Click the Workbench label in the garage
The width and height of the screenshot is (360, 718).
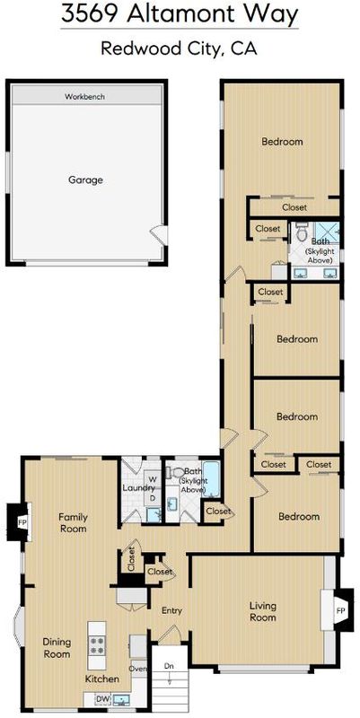coord(84,97)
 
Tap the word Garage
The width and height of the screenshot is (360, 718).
coord(85,180)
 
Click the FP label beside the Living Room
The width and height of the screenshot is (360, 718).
coord(340,611)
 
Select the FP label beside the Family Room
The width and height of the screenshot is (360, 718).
coord(22,521)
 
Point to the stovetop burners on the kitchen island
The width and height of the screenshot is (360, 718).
coord(97,645)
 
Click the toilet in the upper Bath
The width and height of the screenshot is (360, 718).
coord(302,232)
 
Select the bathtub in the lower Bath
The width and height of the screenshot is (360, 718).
coord(211,479)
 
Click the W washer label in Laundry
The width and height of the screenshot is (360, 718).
coord(154,479)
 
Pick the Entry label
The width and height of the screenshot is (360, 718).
coord(171,610)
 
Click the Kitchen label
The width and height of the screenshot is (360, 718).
coord(102,679)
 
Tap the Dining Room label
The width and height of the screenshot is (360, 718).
coord(57,647)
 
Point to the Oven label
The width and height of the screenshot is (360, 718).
coord(138,669)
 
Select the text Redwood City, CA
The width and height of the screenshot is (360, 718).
coord(179,48)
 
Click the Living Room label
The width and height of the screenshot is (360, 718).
coord(263,611)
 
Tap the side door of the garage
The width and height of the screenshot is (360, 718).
coord(159,235)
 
